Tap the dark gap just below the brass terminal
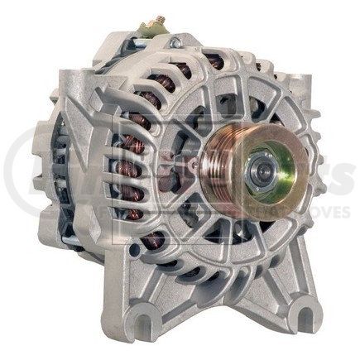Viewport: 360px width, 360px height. (153, 46)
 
